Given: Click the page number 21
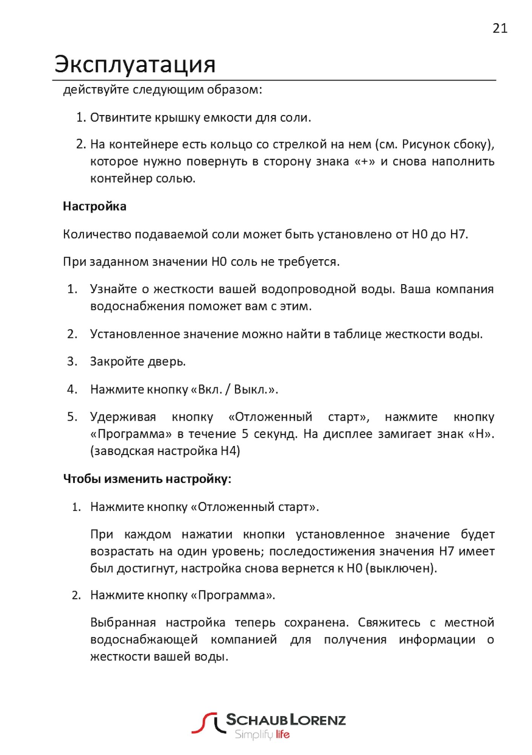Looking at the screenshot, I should tap(500, 29).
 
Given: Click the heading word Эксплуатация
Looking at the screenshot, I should tap(135, 64).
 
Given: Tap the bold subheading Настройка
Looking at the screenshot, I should tap(94, 206).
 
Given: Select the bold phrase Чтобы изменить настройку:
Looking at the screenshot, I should tap(147, 479).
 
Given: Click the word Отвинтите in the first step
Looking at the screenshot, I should tap(121, 118).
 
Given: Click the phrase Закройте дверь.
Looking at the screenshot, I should tap(137, 362).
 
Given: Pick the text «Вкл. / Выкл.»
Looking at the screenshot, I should tap(234, 389).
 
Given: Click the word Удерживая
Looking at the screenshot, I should tap(123, 417).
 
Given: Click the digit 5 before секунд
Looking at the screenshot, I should tap(245, 434).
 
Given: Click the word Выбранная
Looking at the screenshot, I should tap(123, 622).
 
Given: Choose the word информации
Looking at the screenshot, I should tap(437, 640).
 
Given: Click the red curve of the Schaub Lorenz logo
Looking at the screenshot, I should tap(204, 723).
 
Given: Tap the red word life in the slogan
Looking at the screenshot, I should tap(282, 735).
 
